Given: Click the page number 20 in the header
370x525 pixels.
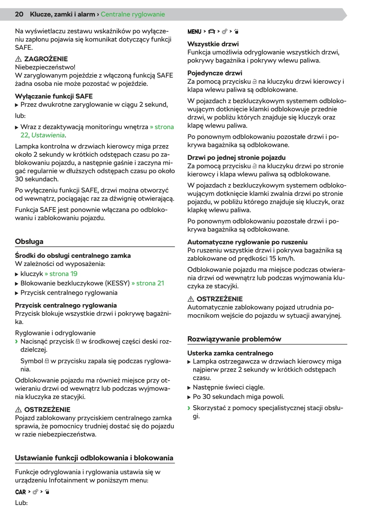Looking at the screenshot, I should click(19, 14).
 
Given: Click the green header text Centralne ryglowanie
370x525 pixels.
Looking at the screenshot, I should click(133, 14).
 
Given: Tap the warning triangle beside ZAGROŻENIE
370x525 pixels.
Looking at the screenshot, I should click(18, 59).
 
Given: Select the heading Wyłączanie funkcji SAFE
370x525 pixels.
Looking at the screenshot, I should click(54, 96).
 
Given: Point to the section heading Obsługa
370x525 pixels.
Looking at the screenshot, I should click(29, 242).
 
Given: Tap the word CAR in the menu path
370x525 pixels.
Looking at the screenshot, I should click(21, 492).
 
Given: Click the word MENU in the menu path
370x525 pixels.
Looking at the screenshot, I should click(194, 32).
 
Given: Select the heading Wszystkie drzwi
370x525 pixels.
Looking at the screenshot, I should click(213, 44).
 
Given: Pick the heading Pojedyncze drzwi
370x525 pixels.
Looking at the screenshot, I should click(215, 73).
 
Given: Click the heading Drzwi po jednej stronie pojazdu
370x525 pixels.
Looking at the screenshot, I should click(236, 158).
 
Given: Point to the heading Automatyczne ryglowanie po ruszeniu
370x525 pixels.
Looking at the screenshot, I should click(247, 242).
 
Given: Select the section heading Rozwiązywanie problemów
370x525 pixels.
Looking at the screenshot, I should click(234, 339).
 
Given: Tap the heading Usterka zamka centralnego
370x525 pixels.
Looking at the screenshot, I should click(230, 353).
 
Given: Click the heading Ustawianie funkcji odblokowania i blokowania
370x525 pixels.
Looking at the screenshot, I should click(94, 458).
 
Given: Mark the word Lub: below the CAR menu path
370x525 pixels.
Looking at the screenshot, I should click(21, 503).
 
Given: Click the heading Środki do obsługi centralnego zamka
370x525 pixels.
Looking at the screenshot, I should click(73, 256).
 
